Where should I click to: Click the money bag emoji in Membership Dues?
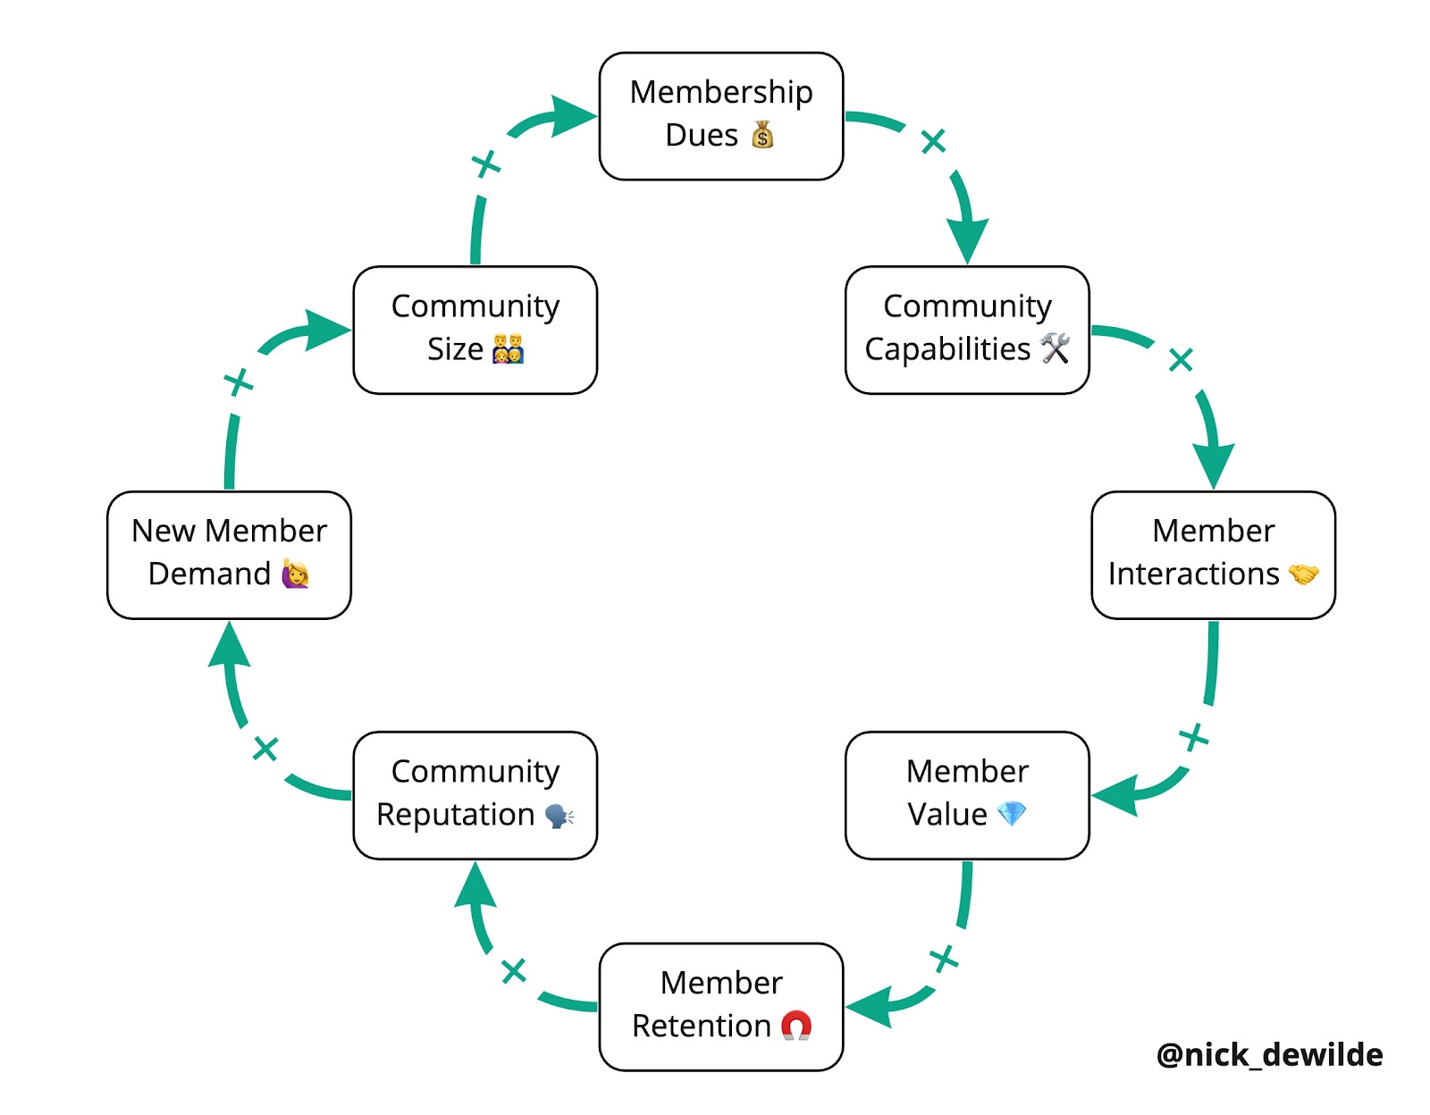[x=762, y=135]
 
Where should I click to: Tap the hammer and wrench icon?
[x=1055, y=348]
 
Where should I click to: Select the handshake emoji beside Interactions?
[x=1303, y=574]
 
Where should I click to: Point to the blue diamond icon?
[x=1012, y=814]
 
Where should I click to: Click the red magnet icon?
[x=796, y=1026]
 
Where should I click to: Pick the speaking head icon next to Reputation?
[x=559, y=815]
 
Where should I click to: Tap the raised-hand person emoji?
[x=295, y=574]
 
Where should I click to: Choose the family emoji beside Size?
[x=508, y=348]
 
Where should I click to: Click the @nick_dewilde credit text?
[x=1269, y=1055]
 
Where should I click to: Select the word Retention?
[x=702, y=1026]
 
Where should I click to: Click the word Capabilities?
[x=947, y=348]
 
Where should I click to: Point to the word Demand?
[x=209, y=574]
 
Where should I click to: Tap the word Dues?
[x=702, y=135]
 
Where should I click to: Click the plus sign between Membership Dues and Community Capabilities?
[x=933, y=141]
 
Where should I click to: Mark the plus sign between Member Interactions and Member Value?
[x=1193, y=738]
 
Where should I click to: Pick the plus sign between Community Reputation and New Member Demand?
[x=265, y=749]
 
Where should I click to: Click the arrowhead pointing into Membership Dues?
[x=572, y=115]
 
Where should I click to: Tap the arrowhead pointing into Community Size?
[x=326, y=330]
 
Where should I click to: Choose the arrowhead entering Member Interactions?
[x=1214, y=463]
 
